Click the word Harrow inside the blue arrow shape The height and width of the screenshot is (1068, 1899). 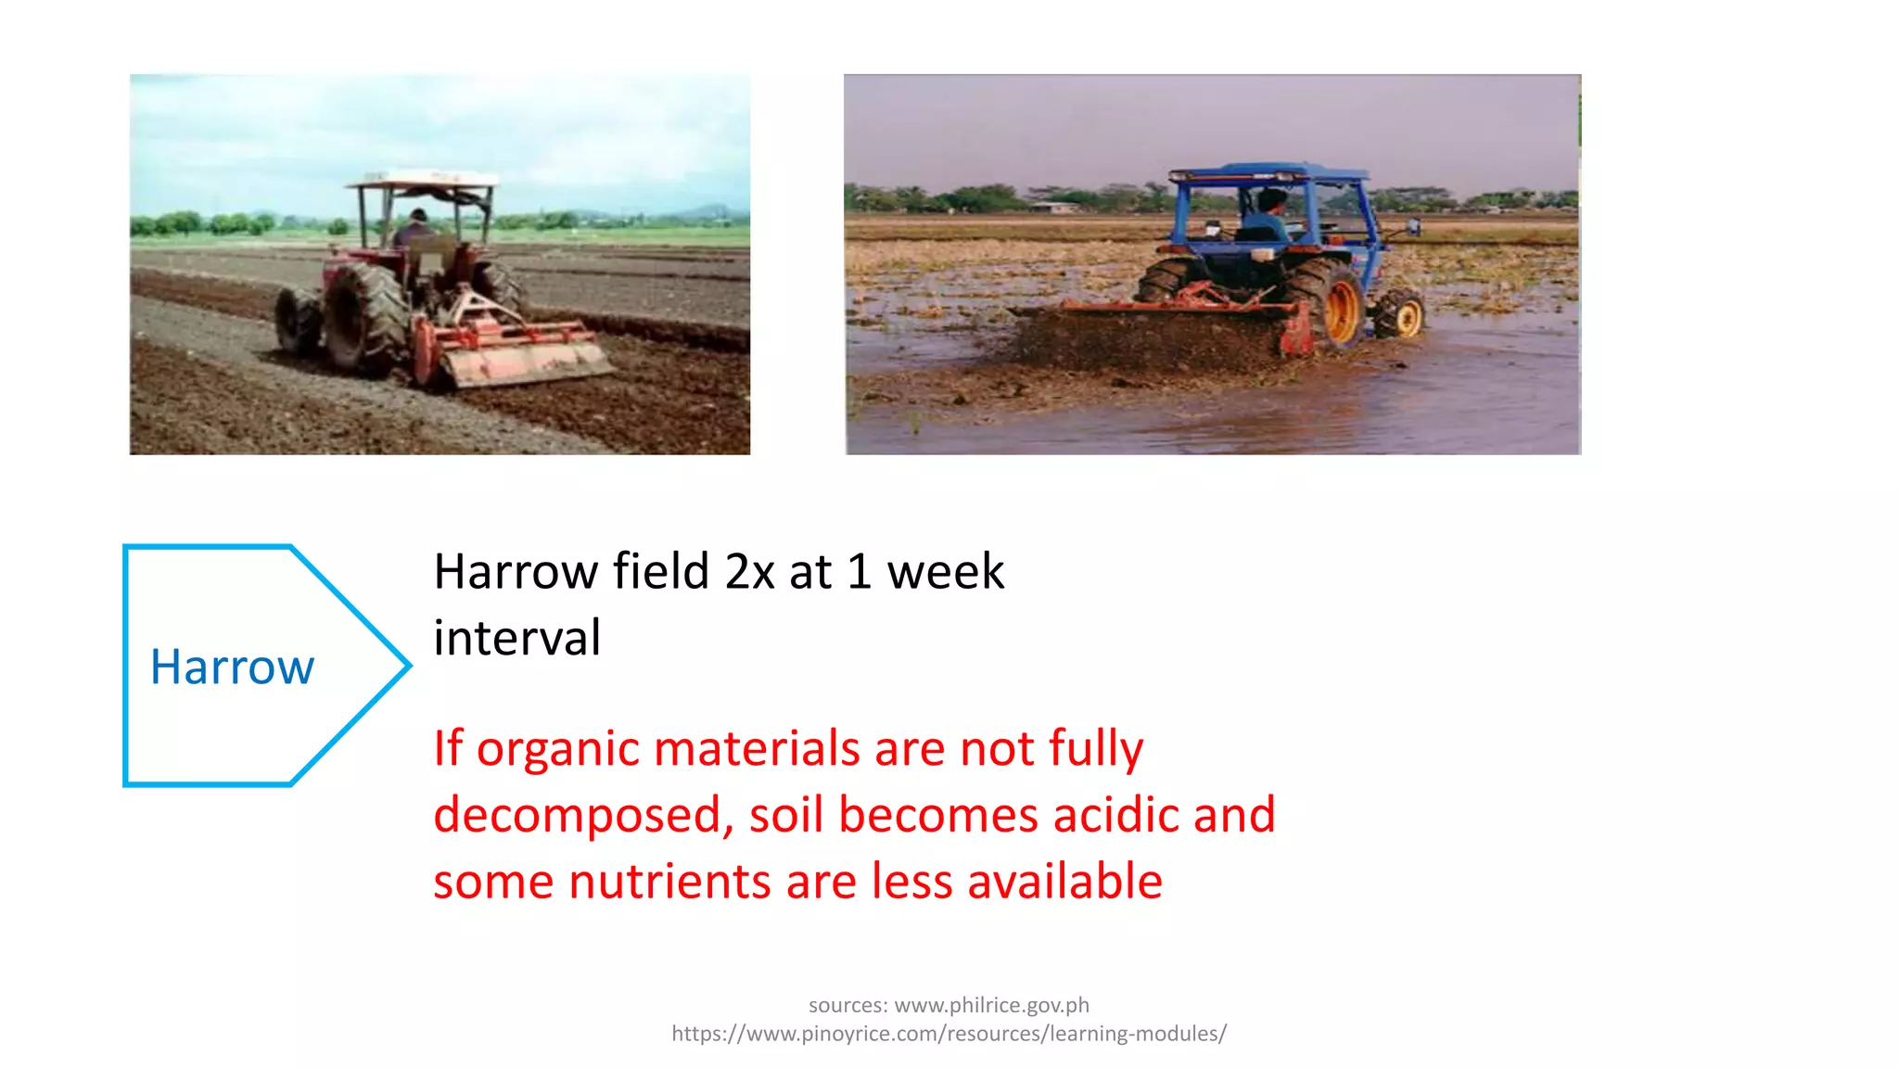pos(232,667)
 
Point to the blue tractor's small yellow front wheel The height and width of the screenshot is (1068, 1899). pos(1401,314)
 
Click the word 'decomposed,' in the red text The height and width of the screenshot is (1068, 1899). pos(583,815)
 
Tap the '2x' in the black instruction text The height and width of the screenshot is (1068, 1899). pos(749,571)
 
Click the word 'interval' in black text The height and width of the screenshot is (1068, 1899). pos(517,638)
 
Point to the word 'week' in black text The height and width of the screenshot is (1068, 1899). pos(945,571)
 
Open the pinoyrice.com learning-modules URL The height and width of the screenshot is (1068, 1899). pos(949,1034)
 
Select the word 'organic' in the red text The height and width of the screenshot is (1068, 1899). pos(557,748)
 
